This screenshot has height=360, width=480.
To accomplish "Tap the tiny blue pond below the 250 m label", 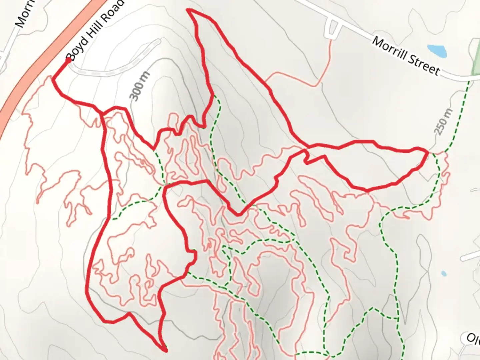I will pyautogui.click(x=443, y=274).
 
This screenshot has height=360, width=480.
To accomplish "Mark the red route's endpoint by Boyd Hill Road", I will pyautogui.click(x=69, y=60).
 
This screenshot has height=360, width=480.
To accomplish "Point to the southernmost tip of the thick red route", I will pyautogui.click(x=165, y=350).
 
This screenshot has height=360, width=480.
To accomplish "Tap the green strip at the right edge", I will pyautogui.click(x=476, y=57).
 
